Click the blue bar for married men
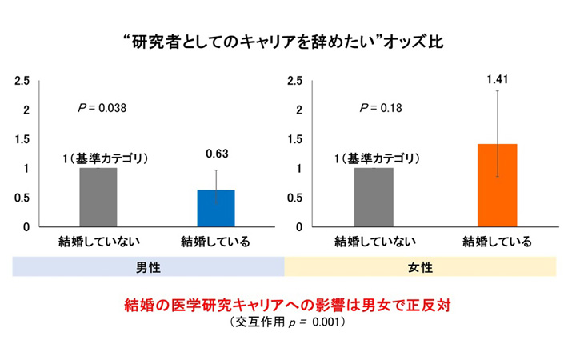216,208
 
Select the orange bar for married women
498,186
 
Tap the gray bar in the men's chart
98,198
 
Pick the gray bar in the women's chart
374,198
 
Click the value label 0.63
217,154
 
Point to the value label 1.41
498,79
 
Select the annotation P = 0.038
102,108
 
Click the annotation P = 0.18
381,108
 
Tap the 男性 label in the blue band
149,267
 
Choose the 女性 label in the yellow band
420,267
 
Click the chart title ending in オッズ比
283,42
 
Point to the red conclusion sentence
288,305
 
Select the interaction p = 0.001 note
288,322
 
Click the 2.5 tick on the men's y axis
22,81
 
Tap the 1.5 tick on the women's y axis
295,139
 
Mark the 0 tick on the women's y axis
299,227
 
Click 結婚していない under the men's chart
99,242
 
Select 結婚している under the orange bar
497,242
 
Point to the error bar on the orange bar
498,134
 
